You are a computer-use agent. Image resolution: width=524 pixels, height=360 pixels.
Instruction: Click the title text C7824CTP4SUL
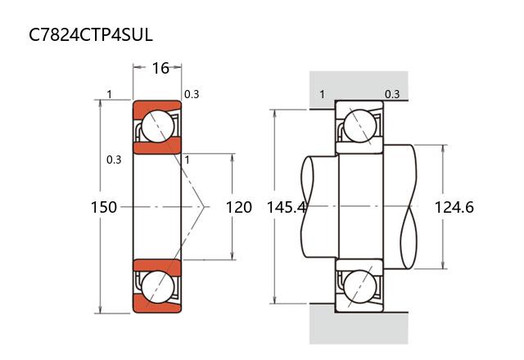91,35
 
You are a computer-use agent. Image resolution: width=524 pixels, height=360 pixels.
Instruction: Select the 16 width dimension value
160,68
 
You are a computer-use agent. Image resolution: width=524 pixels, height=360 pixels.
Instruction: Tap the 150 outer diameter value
104,207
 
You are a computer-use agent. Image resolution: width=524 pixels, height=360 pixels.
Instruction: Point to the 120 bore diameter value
238,207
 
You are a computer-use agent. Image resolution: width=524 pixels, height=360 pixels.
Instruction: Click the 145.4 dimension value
286,207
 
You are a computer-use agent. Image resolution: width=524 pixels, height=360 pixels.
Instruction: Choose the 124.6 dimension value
454,207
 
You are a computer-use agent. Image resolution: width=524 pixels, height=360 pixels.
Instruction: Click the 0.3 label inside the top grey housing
392,94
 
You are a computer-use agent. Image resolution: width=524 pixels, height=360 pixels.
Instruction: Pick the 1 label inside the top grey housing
322,94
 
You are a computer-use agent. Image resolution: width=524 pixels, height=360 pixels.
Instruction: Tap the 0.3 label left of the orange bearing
114,160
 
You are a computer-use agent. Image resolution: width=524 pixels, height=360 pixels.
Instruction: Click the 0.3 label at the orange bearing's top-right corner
192,94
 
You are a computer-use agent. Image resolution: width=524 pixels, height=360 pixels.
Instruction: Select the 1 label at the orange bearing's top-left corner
109,94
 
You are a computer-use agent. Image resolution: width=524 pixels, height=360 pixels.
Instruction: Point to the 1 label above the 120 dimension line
187,160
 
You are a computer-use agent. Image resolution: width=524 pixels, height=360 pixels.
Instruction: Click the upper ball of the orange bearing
157,127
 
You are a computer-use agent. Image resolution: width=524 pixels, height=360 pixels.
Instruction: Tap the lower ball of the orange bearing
157,286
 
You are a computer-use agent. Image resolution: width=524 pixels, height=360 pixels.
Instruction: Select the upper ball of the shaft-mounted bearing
359,127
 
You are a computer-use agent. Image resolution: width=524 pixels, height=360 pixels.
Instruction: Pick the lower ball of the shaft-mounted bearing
359,287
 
